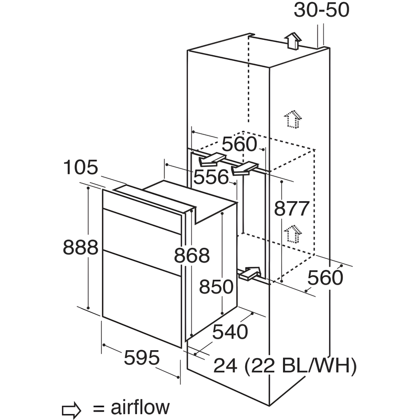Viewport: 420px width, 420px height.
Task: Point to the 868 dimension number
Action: pyautogui.click(x=192, y=256)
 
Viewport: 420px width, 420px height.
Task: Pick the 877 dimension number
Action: pyautogui.click(x=291, y=208)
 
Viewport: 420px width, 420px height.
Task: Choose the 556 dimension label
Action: pyautogui.click(x=212, y=177)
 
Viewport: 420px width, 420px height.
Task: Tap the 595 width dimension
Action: pyautogui.click(x=141, y=358)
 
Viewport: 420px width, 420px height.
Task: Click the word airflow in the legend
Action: pyautogui.click(x=140, y=407)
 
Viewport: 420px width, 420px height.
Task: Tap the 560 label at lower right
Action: pyautogui.click(x=325, y=278)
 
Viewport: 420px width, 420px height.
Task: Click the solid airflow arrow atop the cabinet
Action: pyautogui.click(x=293, y=40)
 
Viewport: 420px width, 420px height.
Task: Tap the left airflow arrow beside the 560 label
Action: pyautogui.click(x=213, y=158)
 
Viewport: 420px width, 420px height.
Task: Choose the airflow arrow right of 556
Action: pyautogui.click(x=245, y=169)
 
